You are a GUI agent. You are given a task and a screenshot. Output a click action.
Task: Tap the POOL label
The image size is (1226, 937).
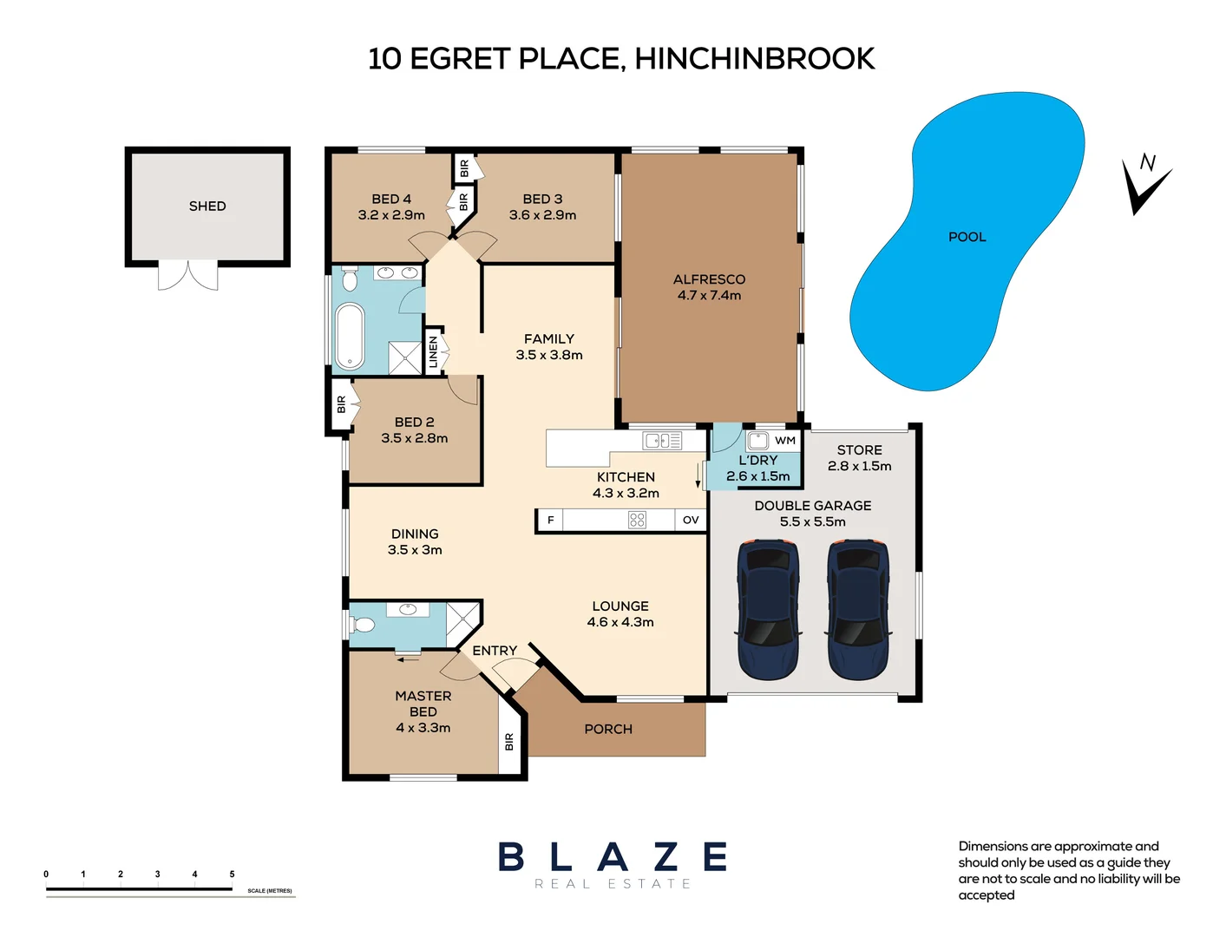point(967,237)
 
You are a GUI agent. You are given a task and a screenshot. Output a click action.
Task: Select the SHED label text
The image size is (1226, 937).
point(207,206)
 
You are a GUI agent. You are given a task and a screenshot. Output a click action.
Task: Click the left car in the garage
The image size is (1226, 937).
point(768,609)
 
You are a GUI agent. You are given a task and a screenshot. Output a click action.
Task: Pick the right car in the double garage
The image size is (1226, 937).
point(858,609)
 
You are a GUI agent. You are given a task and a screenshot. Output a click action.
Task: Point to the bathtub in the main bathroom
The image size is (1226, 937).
point(350,336)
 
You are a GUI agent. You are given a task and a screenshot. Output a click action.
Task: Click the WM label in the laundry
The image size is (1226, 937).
point(785,441)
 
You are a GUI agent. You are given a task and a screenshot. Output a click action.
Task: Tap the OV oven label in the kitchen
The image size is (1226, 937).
point(691,521)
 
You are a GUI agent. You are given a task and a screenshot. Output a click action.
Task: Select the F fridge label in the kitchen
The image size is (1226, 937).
point(550,521)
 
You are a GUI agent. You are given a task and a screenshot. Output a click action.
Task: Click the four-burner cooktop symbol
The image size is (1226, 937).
point(637,521)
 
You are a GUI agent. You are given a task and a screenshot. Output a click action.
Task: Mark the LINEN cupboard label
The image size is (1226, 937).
point(433,352)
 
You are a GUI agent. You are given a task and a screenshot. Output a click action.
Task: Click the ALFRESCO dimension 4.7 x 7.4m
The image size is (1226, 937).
point(709,296)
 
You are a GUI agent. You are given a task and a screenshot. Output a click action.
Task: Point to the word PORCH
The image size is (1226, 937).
point(608,730)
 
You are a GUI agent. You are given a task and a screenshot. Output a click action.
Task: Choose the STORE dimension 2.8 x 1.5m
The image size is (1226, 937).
point(859,467)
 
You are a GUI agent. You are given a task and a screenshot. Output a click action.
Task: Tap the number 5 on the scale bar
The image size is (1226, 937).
point(232,875)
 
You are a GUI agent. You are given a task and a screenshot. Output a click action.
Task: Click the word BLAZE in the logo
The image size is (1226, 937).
point(613,857)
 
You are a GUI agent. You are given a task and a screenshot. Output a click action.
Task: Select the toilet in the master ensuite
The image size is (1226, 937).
point(363,625)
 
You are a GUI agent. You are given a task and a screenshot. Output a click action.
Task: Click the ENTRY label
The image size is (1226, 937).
point(495,651)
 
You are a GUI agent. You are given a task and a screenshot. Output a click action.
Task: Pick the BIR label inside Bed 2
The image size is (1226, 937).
point(341,404)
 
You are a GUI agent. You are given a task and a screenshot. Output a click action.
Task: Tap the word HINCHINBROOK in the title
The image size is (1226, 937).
point(754,59)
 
